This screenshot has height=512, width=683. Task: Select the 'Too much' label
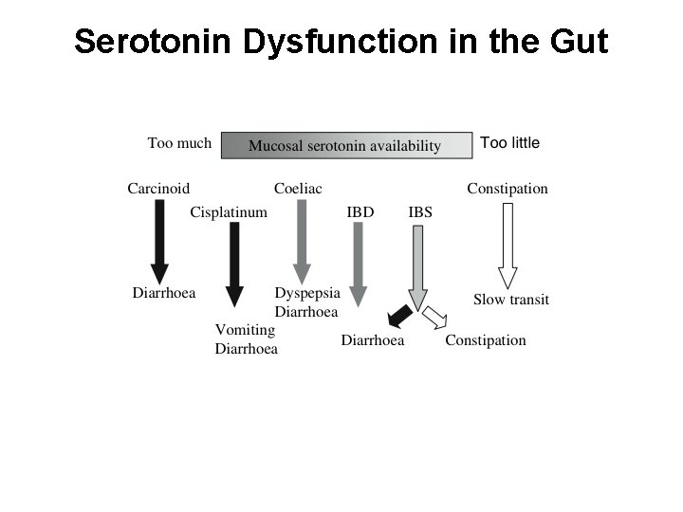(179, 143)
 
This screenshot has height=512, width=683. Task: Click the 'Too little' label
(509, 143)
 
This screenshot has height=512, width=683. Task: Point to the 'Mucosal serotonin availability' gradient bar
(345, 145)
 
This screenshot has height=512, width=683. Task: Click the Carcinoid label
(159, 188)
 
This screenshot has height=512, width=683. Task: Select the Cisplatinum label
(229, 211)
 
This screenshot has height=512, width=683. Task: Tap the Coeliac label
(298, 188)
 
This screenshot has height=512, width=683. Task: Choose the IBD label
(360, 211)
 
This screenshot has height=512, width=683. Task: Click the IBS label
(420, 211)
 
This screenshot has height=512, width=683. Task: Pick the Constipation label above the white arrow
(508, 188)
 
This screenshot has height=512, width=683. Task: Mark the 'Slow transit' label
(511, 300)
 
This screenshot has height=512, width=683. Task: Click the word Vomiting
(245, 330)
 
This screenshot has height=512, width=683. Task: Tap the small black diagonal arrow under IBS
(398, 317)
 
